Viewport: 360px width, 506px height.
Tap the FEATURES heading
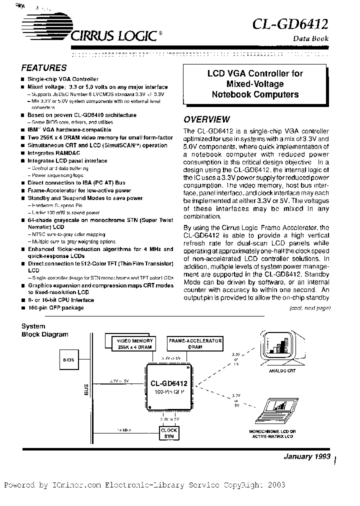click(44, 68)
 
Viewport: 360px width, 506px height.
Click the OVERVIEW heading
click(206, 119)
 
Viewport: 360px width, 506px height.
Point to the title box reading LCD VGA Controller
click(255, 83)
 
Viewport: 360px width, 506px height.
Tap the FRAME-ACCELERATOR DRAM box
click(194, 343)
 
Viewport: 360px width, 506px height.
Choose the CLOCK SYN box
click(168, 432)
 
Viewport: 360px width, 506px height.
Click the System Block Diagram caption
click(44, 330)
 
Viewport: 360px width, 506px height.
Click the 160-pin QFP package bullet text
click(55, 307)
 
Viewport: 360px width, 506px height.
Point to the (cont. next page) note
click(310, 307)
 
